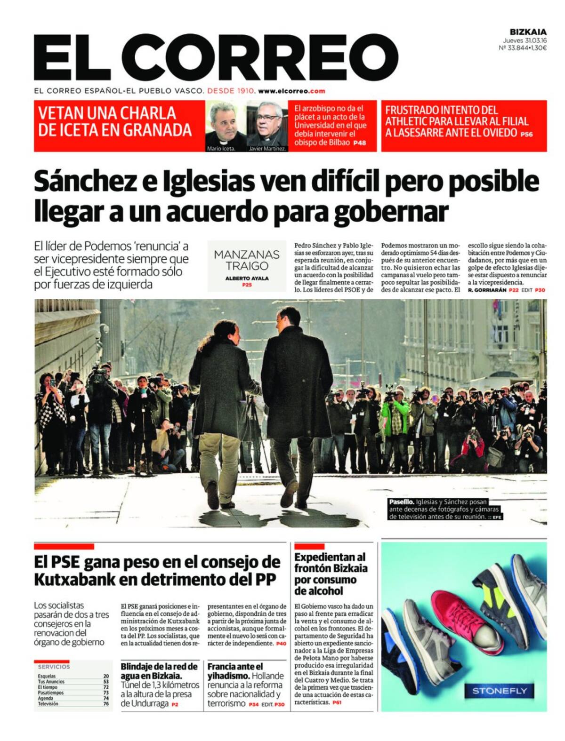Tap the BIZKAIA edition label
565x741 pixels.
click(x=528, y=32)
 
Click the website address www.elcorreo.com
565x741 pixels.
click(x=291, y=91)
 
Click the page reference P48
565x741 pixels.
click(x=360, y=143)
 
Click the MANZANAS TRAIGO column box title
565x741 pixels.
click(x=247, y=260)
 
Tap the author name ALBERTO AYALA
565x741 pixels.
click(x=247, y=278)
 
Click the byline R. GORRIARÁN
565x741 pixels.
click(x=486, y=290)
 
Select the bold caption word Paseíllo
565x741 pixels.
click(x=401, y=502)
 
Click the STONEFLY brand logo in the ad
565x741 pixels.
click(x=500, y=691)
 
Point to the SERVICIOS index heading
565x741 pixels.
click(x=54, y=667)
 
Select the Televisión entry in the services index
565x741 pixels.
click(x=48, y=704)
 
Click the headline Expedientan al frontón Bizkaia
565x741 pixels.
click(x=331, y=574)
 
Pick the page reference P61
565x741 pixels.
click(x=337, y=702)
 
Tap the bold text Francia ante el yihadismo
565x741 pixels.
click(x=235, y=671)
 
